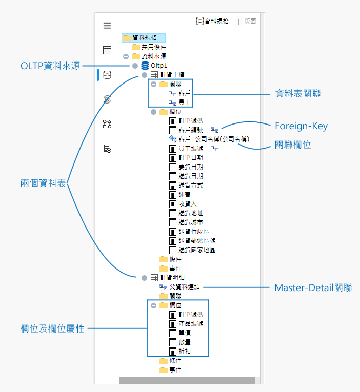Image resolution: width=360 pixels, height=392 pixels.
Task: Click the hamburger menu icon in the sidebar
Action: pos(107,26)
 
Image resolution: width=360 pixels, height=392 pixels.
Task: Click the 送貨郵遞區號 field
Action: pos(196,241)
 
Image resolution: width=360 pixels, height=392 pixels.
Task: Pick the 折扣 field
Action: pos(184,352)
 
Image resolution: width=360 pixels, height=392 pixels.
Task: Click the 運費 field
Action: pos(184,195)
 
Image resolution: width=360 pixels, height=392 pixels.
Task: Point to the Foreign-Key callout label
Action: pos(301,126)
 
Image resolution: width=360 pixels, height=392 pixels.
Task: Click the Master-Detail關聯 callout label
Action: pos(313,287)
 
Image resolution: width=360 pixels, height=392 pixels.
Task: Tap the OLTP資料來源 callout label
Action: pos(50,66)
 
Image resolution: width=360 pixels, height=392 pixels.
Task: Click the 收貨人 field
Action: pos(187,204)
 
